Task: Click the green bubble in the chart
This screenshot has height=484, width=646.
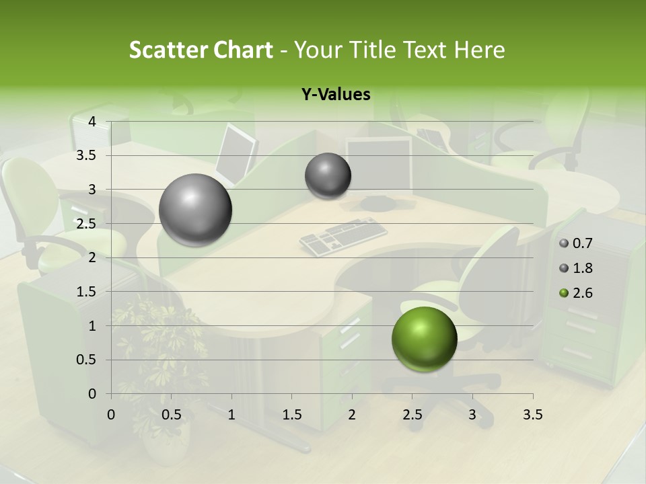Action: [425, 339]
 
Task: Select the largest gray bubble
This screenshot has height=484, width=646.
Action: [196, 210]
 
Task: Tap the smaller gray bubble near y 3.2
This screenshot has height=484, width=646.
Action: [328, 176]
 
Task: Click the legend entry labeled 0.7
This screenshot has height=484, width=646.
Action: [582, 244]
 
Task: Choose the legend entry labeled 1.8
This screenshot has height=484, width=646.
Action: [582, 268]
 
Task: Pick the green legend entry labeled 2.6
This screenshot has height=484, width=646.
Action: [582, 293]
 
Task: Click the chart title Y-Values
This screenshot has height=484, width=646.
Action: [336, 95]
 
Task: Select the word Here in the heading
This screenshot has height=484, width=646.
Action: [480, 50]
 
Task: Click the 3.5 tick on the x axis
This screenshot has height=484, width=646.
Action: [532, 415]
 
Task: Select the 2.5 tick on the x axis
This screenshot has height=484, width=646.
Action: [412, 415]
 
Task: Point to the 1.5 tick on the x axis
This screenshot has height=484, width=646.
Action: [291, 415]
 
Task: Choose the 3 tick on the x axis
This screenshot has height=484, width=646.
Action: [472, 415]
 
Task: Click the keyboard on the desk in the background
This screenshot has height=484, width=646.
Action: [343, 236]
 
